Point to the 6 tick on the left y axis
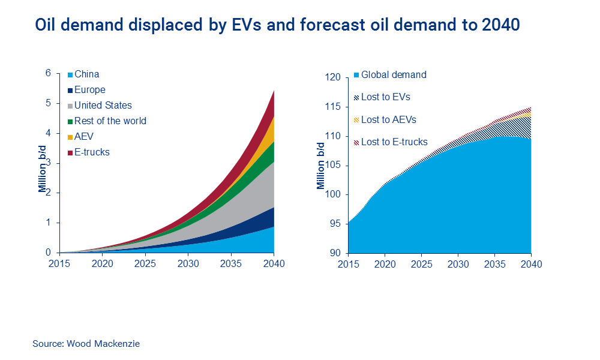[x=49, y=74]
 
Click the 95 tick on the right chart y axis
[x=335, y=224]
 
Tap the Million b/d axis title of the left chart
[x=43, y=173]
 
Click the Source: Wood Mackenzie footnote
[x=86, y=344]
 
